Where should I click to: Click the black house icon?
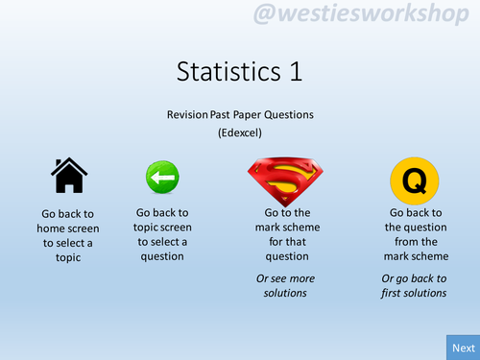point(68,176)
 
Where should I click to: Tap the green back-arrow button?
point(161,179)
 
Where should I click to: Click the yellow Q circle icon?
point(414,180)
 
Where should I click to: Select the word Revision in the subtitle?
point(187,114)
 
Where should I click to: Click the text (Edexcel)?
point(240,132)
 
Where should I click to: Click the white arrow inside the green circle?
point(161,179)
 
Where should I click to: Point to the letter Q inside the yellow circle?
point(414,180)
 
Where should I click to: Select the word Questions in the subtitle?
point(292,114)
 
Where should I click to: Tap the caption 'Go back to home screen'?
point(68,235)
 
